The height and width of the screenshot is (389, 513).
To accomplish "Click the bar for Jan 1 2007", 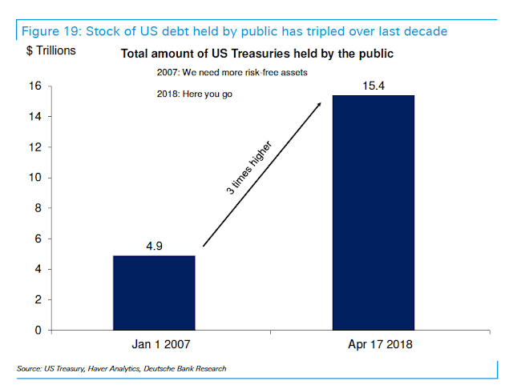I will (x=153, y=292).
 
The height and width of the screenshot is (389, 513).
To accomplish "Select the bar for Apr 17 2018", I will (x=373, y=212).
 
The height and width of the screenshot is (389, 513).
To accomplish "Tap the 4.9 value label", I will (x=153, y=245).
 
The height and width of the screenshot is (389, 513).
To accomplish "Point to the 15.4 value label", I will (x=373, y=84).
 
